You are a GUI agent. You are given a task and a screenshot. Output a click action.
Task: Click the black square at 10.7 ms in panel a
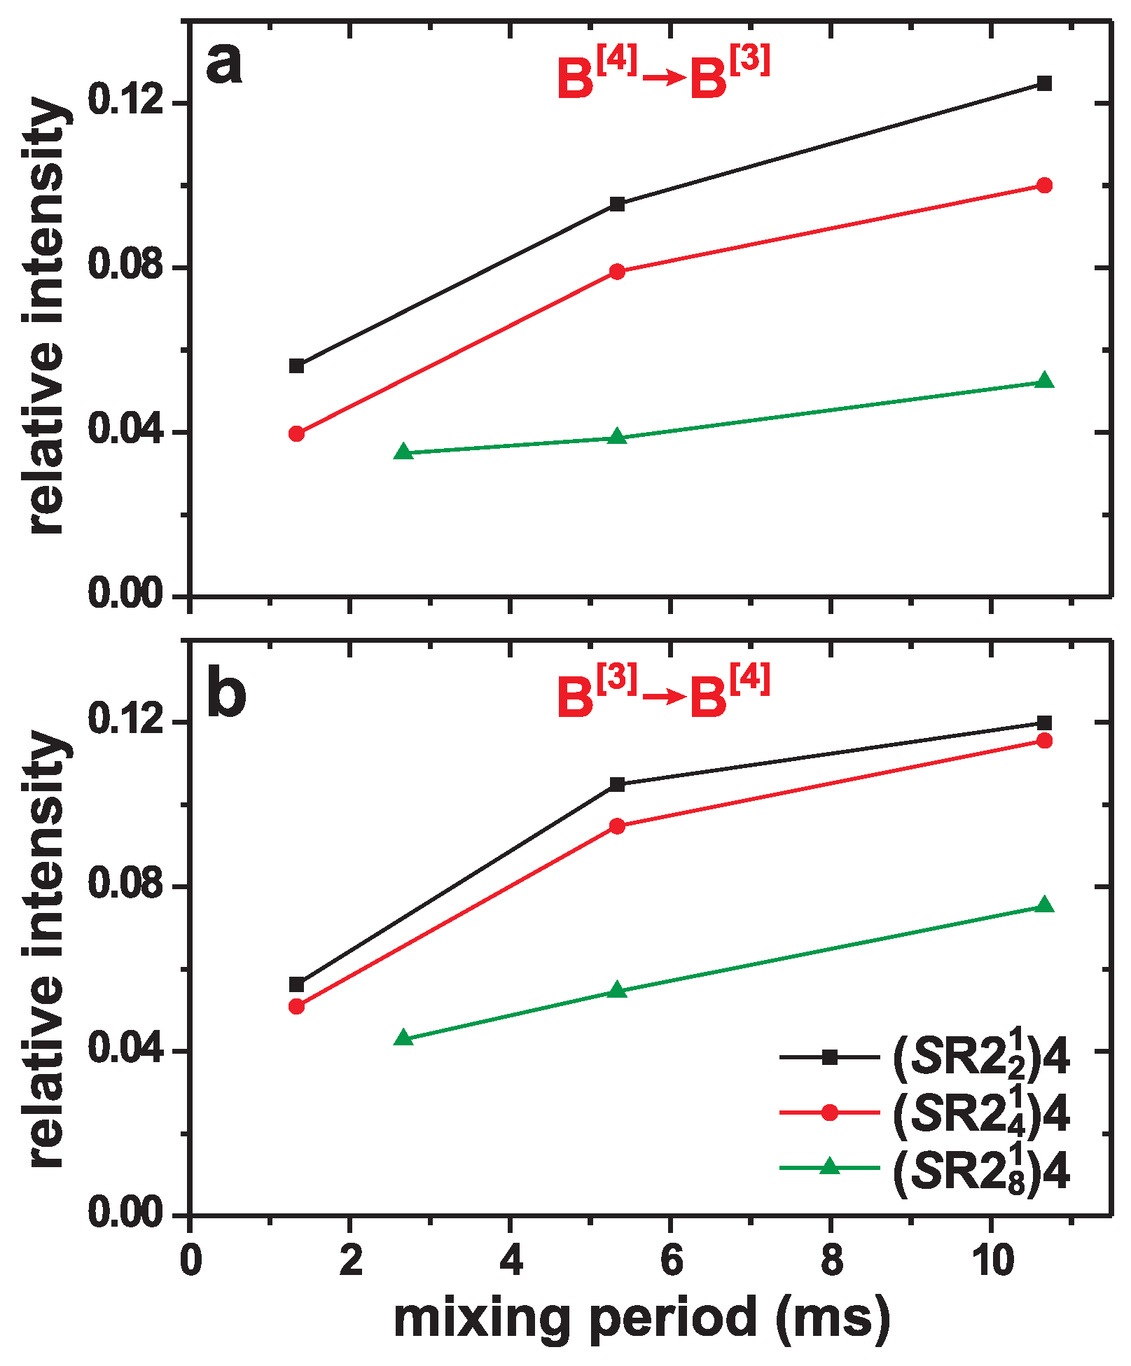(x=1044, y=83)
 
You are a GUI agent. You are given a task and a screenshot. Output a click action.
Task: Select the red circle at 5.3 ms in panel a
(x=617, y=272)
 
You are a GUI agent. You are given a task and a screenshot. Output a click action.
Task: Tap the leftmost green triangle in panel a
(x=403, y=452)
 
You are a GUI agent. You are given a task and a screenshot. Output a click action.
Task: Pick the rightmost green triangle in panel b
(x=1044, y=905)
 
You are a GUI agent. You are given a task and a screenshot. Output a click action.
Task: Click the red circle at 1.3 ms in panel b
(x=297, y=1006)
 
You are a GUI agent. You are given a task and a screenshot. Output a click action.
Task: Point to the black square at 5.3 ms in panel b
(x=617, y=784)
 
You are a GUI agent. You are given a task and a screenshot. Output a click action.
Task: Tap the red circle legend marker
(x=829, y=1113)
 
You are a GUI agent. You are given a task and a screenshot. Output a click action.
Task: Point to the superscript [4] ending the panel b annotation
(x=750, y=678)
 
